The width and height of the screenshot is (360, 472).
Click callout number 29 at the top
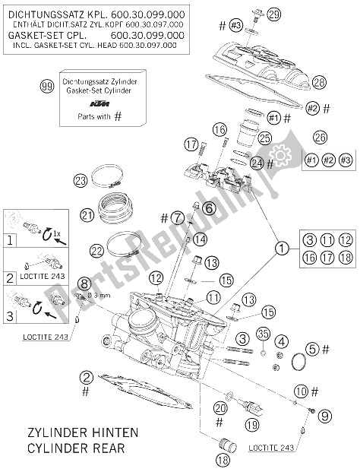[x=274, y=14]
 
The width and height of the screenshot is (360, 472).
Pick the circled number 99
[x=48, y=87]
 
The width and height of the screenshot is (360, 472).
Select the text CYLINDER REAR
[x=79, y=447]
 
